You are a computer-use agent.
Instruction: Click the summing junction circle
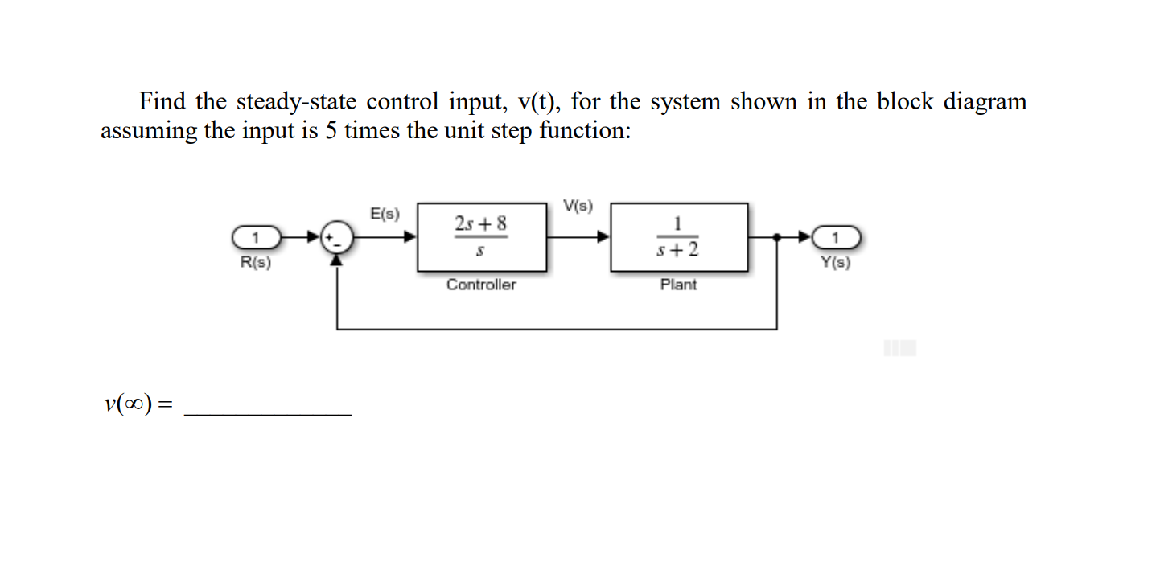click(x=336, y=238)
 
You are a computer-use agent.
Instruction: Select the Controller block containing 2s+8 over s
click(x=481, y=237)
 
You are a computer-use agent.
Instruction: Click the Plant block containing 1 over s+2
click(x=678, y=237)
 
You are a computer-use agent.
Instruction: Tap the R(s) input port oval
click(x=256, y=237)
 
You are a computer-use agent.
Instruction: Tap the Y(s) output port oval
click(x=837, y=237)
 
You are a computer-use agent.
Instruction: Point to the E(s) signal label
click(x=385, y=214)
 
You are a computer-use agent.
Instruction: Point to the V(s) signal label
click(x=578, y=206)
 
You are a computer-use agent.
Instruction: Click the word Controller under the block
click(x=481, y=285)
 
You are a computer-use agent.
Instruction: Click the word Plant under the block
click(x=678, y=285)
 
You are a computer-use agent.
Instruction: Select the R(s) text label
click(x=256, y=262)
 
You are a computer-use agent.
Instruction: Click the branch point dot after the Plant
click(x=776, y=237)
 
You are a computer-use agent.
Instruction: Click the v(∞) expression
click(x=129, y=404)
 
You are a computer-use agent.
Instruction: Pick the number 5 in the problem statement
click(x=331, y=130)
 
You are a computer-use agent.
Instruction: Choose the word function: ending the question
click(x=585, y=130)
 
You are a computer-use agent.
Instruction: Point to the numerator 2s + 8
click(x=481, y=223)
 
